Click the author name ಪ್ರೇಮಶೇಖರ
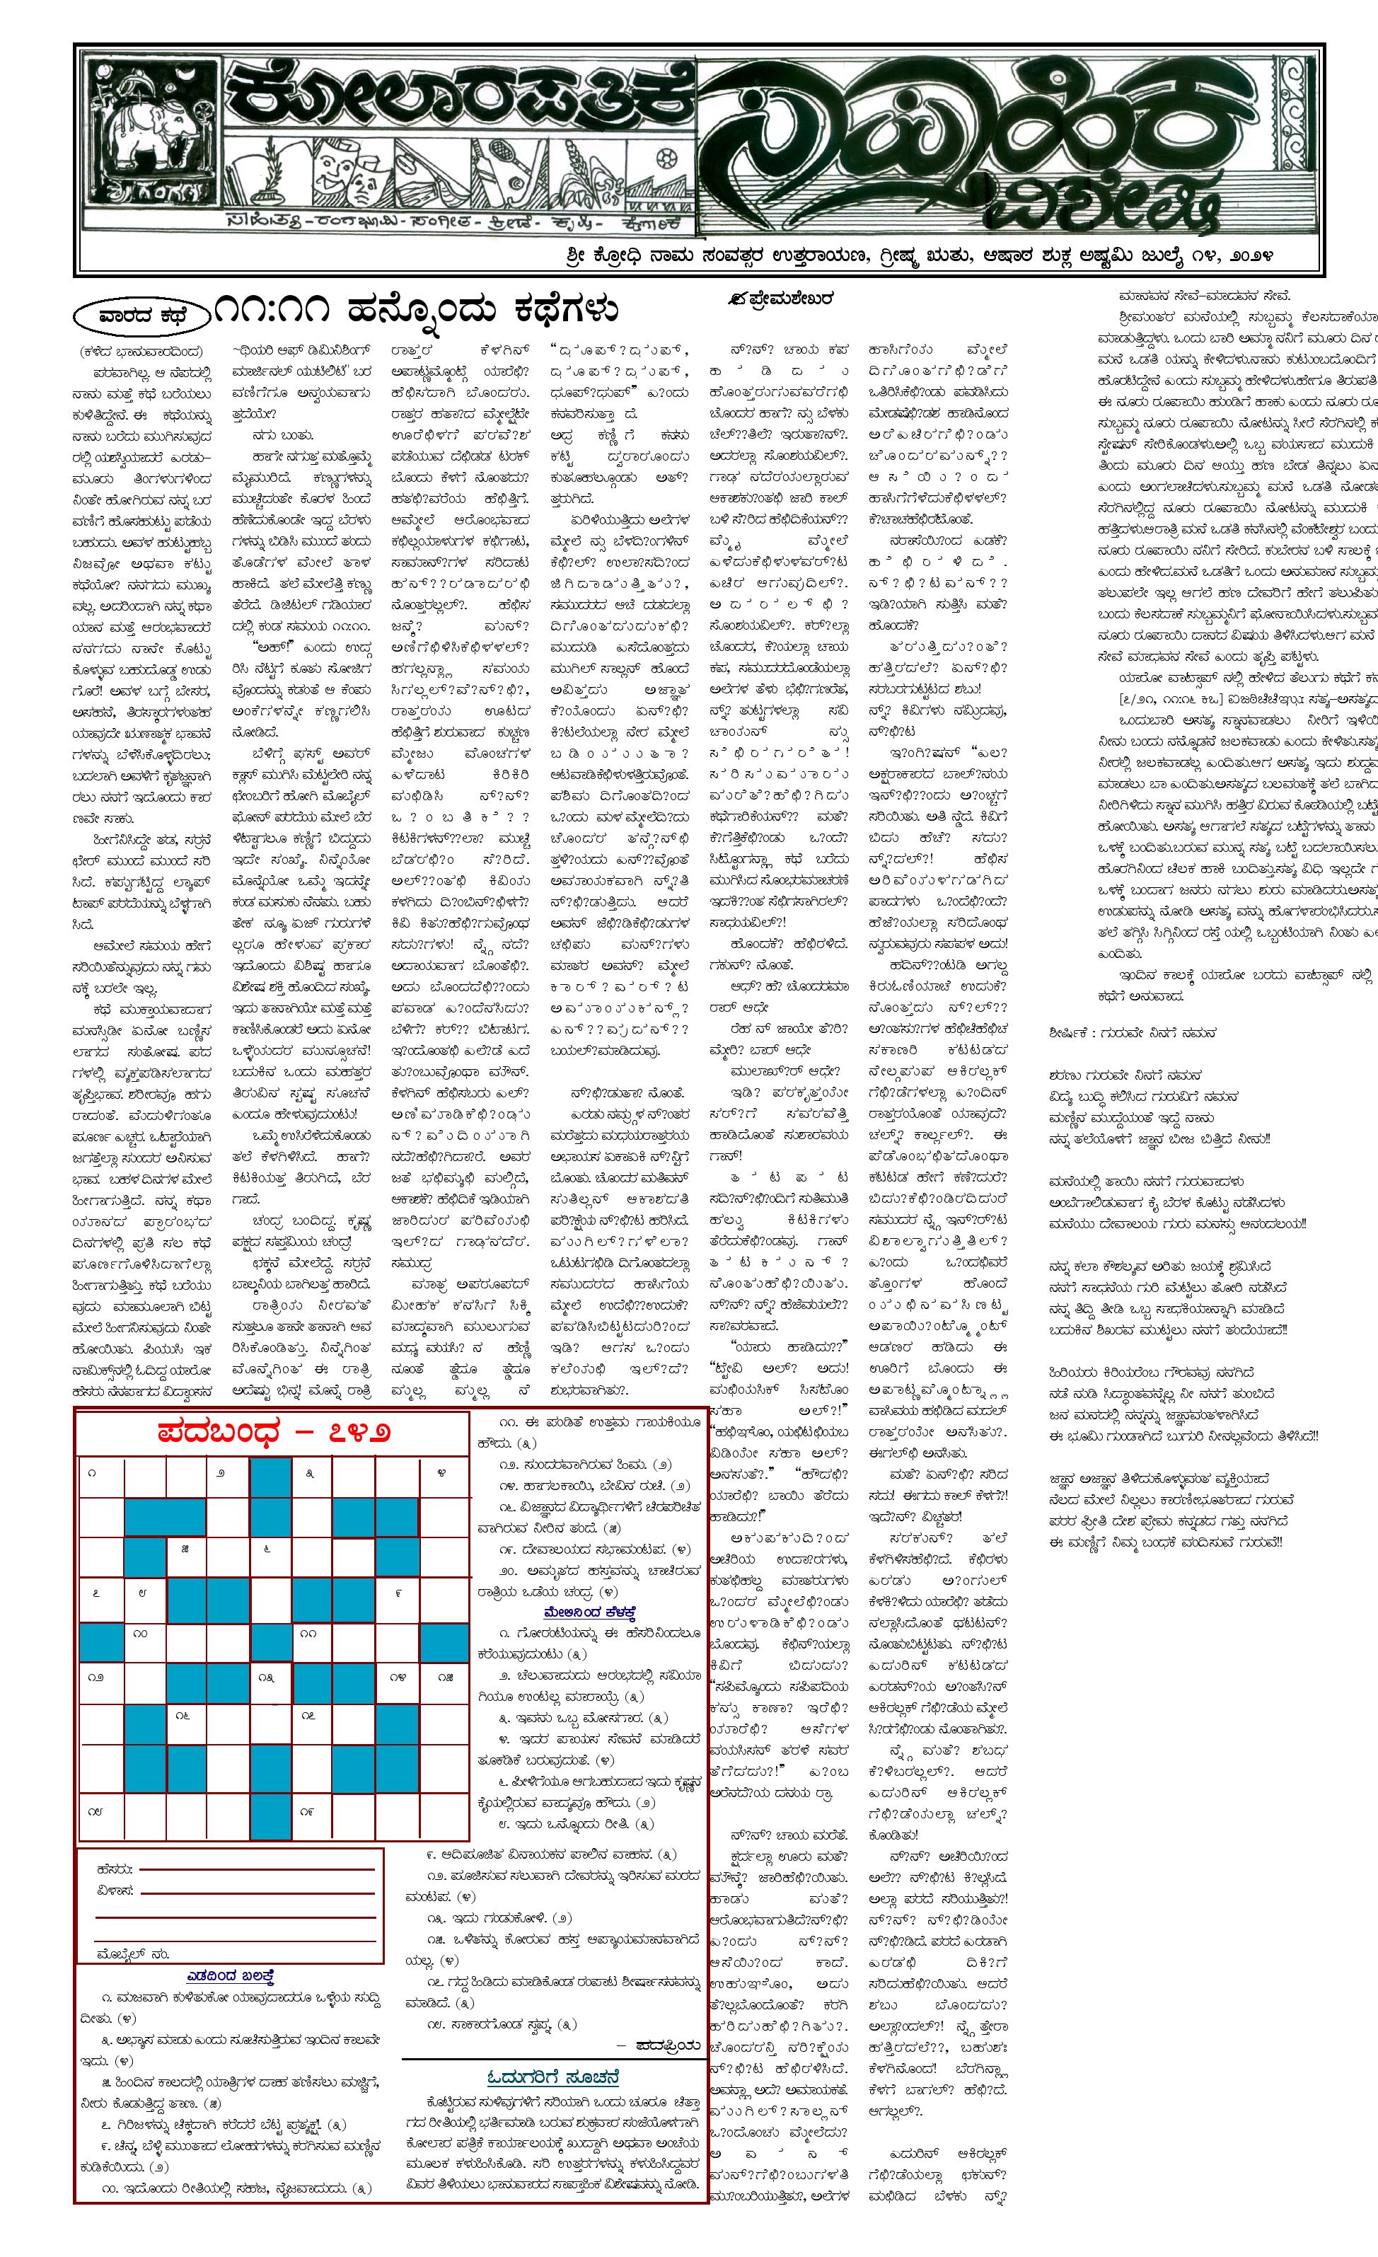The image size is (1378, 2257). (778, 299)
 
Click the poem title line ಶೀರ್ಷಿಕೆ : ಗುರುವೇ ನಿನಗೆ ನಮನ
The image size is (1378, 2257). (1133, 1032)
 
